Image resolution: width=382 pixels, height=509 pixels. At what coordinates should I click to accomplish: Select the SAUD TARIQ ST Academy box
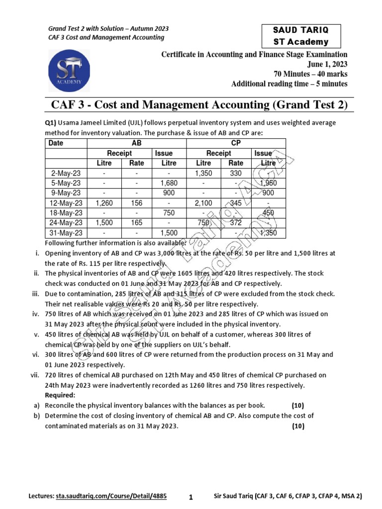coord(301,36)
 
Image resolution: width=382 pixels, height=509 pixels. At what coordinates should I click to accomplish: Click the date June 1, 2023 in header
coord(327,65)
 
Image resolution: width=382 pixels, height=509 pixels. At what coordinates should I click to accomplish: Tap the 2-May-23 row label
coord(66,173)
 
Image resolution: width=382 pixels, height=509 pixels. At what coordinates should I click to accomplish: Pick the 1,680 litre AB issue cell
coord(169,183)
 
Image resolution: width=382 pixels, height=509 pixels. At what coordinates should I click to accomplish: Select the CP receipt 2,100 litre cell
coord(203,203)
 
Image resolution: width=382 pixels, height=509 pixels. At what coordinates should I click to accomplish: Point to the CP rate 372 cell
coord(236,223)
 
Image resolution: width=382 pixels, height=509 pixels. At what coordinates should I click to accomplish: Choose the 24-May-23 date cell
coord(66,223)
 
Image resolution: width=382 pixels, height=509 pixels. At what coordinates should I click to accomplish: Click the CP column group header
coord(236,143)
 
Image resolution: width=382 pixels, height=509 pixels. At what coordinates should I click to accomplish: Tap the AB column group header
coord(136,143)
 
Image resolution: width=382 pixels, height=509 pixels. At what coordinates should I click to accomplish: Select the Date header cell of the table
coord(57,143)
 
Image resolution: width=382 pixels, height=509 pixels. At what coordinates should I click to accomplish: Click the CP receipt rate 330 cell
coord(236,173)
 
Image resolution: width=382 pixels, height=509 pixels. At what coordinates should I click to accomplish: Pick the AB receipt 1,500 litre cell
coord(104,223)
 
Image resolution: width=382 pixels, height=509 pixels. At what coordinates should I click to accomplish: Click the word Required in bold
coord(60,395)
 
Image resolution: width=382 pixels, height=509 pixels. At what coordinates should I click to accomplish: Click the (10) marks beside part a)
coord(298,405)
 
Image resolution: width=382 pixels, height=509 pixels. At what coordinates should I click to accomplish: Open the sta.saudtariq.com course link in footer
coord(111,496)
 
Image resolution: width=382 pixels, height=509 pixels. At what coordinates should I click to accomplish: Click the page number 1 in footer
coord(191,497)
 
